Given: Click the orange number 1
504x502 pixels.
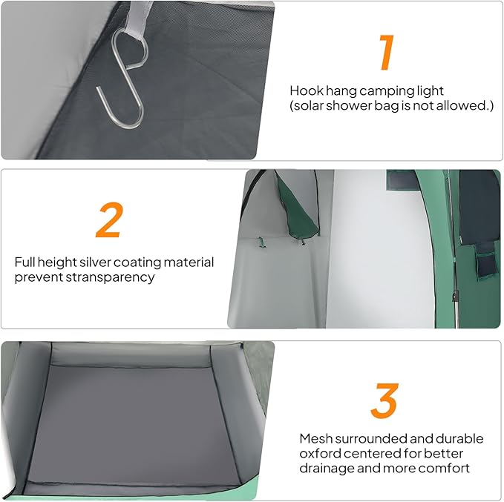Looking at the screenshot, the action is [x=387, y=52].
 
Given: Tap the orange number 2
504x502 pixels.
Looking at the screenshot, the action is [x=110, y=220].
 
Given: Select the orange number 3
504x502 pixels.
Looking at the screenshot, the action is [x=384, y=400].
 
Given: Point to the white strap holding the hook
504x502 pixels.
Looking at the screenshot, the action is [x=138, y=18].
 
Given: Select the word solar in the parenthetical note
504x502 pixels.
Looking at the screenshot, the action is [x=309, y=106].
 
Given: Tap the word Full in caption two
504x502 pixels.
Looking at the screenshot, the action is [x=24, y=262].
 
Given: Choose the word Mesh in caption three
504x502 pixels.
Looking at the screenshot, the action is [x=315, y=439].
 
